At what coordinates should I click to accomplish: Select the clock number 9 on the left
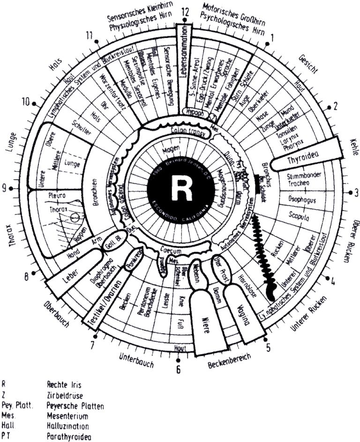click(x=4, y=188)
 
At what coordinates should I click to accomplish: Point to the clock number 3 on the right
click(x=356, y=192)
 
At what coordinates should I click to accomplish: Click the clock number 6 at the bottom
click(x=178, y=369)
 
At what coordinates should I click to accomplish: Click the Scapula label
click(x=294, y=218)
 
